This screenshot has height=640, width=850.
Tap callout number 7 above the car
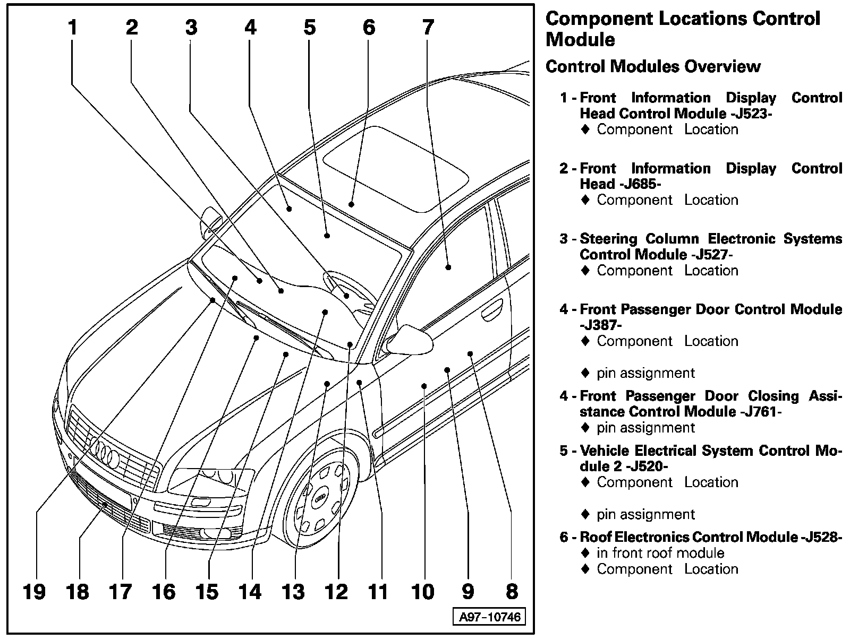click(428, 27)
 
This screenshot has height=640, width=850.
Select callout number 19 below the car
click(35, 591)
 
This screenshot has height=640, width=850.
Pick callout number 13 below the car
click(293, 591)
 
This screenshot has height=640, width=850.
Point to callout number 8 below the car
click(511, 591)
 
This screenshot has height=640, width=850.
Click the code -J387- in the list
click(600, 325)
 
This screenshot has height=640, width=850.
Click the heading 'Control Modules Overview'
click(653, 66)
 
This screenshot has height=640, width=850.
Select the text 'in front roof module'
click(660, 553)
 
